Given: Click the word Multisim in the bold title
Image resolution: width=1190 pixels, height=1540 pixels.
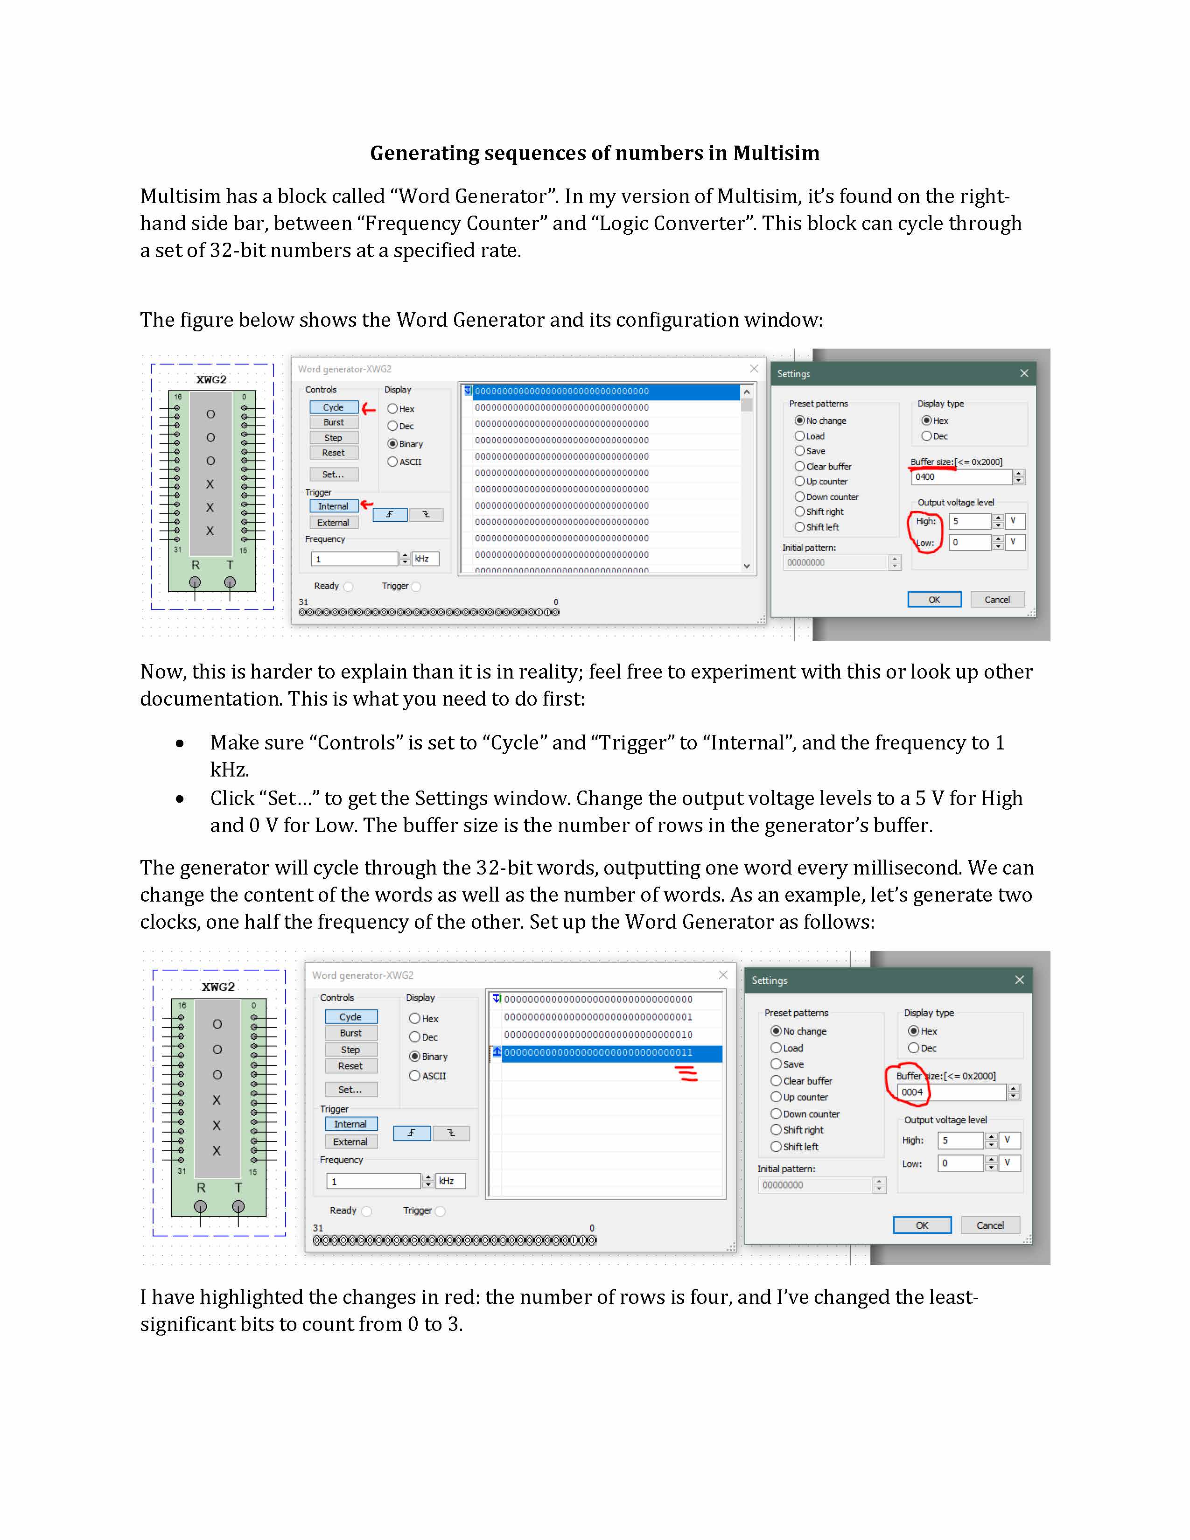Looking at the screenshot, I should tap(776, 153).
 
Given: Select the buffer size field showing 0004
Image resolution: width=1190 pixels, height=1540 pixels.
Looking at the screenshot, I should tap(952, 1092).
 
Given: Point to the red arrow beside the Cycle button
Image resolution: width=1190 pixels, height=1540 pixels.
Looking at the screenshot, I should tap(369, 408).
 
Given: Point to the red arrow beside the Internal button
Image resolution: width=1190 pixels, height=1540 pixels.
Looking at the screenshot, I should tap(367, 505).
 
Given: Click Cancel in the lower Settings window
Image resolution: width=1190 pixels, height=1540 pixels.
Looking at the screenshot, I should tap(990, 1225).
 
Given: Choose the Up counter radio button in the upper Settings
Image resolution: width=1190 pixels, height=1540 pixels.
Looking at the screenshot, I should tap(800, 482).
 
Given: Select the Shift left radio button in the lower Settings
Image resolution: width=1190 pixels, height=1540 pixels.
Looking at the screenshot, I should tap(776, 1147).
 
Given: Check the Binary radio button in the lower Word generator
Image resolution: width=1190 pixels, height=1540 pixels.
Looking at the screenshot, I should tap(415, 1056).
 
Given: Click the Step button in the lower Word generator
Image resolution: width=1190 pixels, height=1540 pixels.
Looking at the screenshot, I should tap(350, 1050).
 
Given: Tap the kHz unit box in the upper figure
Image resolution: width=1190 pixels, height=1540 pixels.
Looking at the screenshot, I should tap(425, 559).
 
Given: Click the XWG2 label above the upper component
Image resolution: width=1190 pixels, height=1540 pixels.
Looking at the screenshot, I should tap(211, 379).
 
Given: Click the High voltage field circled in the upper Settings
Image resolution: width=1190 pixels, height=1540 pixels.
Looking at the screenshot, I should tap(970, 522).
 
